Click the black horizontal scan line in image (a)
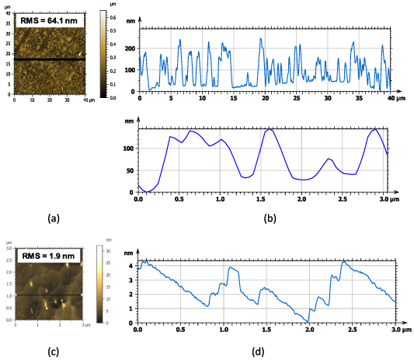(x=50, y=59)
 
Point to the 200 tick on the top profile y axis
(x=129, y=47)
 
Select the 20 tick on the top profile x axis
(x=265, y=99)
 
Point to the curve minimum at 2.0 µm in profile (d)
(x=310, y=321)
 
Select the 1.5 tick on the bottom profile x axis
(x=266, y=330)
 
